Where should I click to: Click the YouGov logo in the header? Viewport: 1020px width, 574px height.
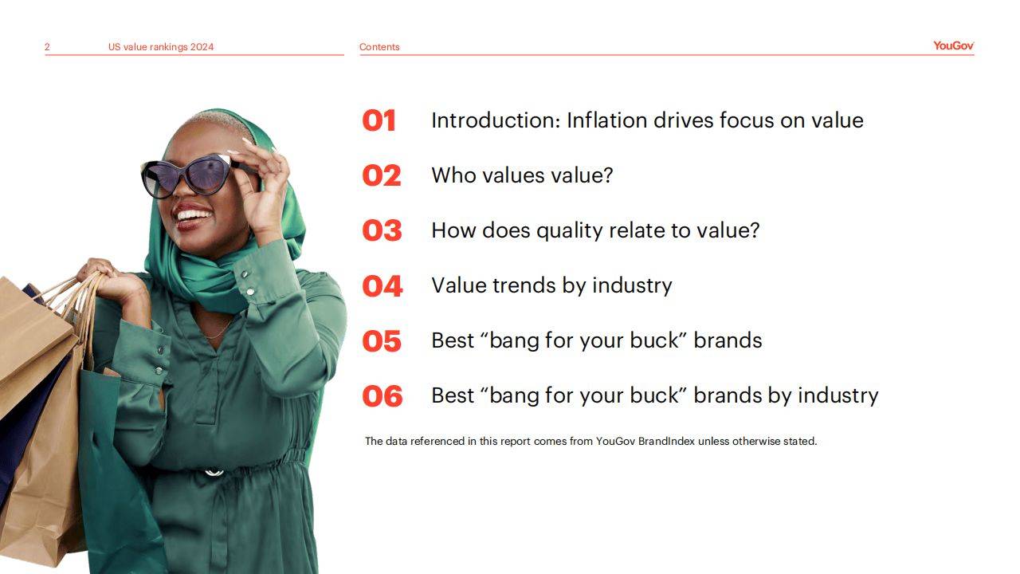point(954,45)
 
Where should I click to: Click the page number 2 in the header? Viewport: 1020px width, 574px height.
point(47,47)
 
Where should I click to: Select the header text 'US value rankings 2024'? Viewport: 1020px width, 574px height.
point(161,47)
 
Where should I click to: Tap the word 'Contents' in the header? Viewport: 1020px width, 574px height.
point(379,47)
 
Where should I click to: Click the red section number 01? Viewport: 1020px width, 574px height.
point(379,120)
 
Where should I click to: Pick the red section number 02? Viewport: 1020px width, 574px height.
point(382,176)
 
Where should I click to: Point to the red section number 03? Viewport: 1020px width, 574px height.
point(382,230)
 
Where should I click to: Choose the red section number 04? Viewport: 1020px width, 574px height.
point(382,286)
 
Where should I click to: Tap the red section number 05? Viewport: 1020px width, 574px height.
point(382,341)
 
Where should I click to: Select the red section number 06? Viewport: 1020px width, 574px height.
point(382,396)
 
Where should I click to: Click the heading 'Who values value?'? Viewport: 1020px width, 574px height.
point(522,175)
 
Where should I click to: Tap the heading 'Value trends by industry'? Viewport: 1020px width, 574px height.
point(552,286)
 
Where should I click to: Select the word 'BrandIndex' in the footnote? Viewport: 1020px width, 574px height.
point(667,441)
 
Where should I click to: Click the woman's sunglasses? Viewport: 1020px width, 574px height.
point(190,175)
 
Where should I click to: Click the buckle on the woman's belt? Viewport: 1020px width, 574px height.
point(214,473)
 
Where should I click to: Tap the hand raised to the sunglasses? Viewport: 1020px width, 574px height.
point(263,187)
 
